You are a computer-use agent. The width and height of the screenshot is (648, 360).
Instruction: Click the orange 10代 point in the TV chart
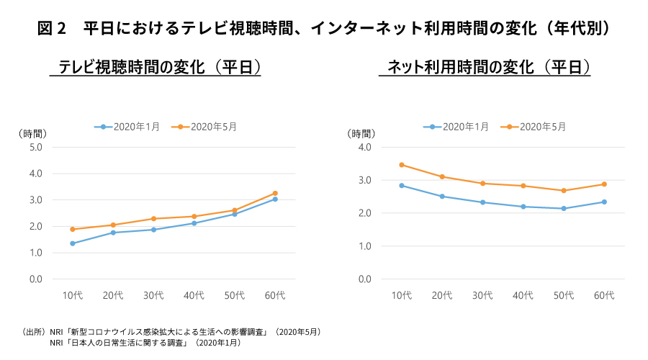(x=73, y=230)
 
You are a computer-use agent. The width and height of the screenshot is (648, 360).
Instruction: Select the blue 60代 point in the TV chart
(x=275, y=199)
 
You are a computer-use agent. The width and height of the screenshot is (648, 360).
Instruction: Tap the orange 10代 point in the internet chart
(x=402, y=165)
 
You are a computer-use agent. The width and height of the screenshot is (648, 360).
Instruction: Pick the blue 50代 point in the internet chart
(x=564, y=209)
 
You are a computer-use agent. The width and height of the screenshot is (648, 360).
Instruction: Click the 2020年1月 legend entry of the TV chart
(x=127, y=127)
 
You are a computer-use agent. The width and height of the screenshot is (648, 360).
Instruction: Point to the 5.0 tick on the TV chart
(x=35, y=147)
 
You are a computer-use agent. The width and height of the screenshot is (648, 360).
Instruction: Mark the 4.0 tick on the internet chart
(x=364, y=147)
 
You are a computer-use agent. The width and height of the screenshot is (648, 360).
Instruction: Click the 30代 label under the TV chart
(x=153, y=295)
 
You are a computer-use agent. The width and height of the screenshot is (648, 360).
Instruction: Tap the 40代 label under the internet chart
(x=523, y=295)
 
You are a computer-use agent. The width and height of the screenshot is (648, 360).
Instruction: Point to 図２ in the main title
(x=51, y=29)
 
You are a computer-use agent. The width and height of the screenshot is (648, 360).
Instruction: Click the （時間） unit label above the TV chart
(x=32, y=133)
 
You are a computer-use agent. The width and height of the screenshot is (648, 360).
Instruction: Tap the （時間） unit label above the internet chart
(x=361, y=133)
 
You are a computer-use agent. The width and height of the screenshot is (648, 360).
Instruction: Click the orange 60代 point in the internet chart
(x=604, y=184)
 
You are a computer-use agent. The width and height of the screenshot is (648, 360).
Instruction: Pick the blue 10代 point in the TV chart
(x=73, y=243)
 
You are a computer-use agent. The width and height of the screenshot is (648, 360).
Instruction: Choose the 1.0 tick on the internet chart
(x=364, y=246)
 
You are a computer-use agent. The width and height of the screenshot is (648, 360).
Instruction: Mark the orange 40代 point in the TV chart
(x=194, y=216)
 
